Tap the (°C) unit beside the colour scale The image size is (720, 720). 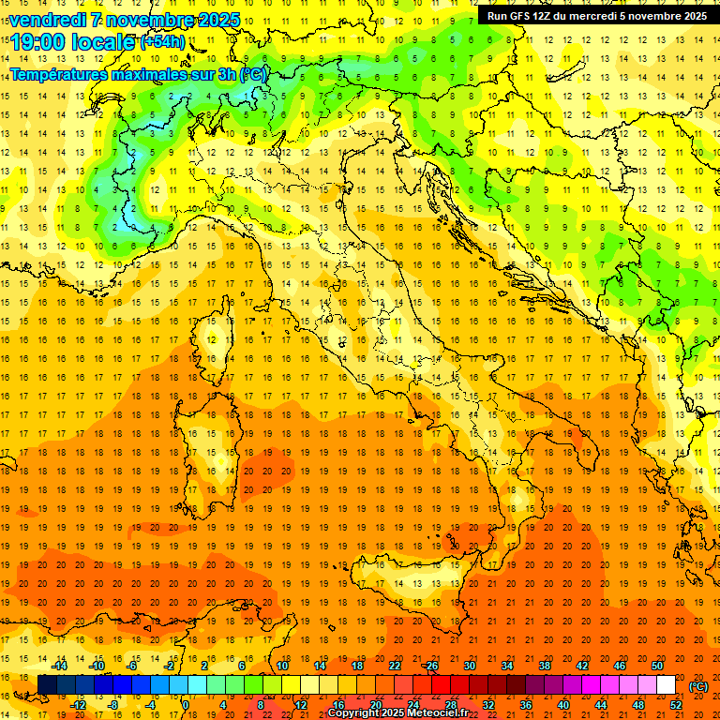tap(698, 686)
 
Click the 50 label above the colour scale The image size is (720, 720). tap(657, 666)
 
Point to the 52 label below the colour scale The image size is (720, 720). tap(675, 704)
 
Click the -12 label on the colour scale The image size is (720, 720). tap(78, 704)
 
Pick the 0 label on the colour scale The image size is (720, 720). tap(187, 704)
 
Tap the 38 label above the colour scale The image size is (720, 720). tap(544, 666)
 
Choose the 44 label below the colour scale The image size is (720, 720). tap(601, 704)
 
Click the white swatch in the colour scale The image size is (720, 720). tap(667, 685)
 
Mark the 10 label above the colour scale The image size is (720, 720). tap(282, 666)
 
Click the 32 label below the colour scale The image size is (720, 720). tap(487, 704)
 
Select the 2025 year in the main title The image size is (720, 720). tap(220, 20)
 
